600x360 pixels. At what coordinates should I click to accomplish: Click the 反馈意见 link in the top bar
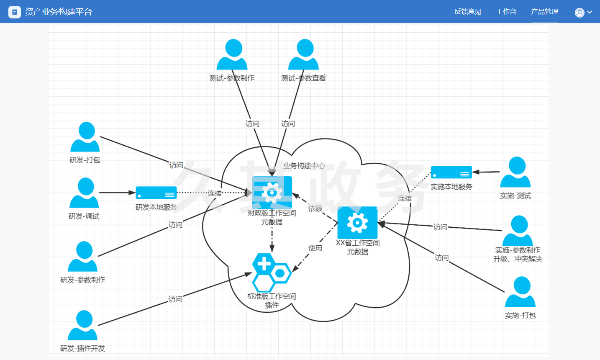pos(468,12)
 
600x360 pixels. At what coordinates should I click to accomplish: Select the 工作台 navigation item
pos(506,12)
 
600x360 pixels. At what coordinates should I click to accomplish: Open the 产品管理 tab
pos(544,12)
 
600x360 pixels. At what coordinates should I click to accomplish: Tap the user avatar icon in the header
pos(579,13)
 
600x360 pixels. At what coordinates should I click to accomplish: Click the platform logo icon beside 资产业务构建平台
pos(15,12)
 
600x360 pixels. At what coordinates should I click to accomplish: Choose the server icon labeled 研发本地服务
pos(156,193)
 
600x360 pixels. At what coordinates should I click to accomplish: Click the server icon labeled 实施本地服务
pos(451,172)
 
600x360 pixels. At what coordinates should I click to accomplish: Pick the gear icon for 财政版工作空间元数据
pos(272,193)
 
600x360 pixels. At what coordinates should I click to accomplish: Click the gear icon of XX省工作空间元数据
pos(357,223)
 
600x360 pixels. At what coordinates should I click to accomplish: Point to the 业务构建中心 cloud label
pos(304,166)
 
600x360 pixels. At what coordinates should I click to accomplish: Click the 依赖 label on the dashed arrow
pos(315,208)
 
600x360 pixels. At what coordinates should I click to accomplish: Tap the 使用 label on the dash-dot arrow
pos(315,248)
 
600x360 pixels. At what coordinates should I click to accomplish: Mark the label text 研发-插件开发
pos(83,349)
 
